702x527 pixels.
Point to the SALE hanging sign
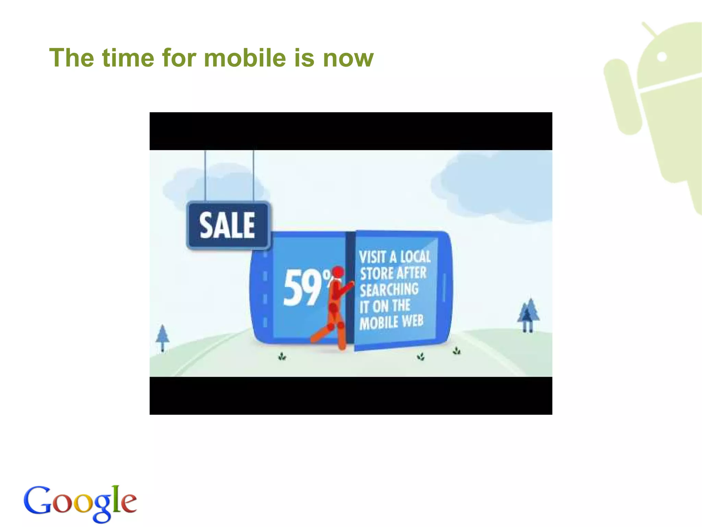coord(228,225)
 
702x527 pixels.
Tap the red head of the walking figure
coord(338,272)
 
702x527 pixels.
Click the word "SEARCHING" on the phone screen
coord(389,290)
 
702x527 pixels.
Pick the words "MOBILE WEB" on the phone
coord(391,323)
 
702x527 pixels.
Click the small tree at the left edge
coord(162,337)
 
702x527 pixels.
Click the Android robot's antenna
coord(649,29)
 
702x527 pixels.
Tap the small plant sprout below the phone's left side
coord(282,357)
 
